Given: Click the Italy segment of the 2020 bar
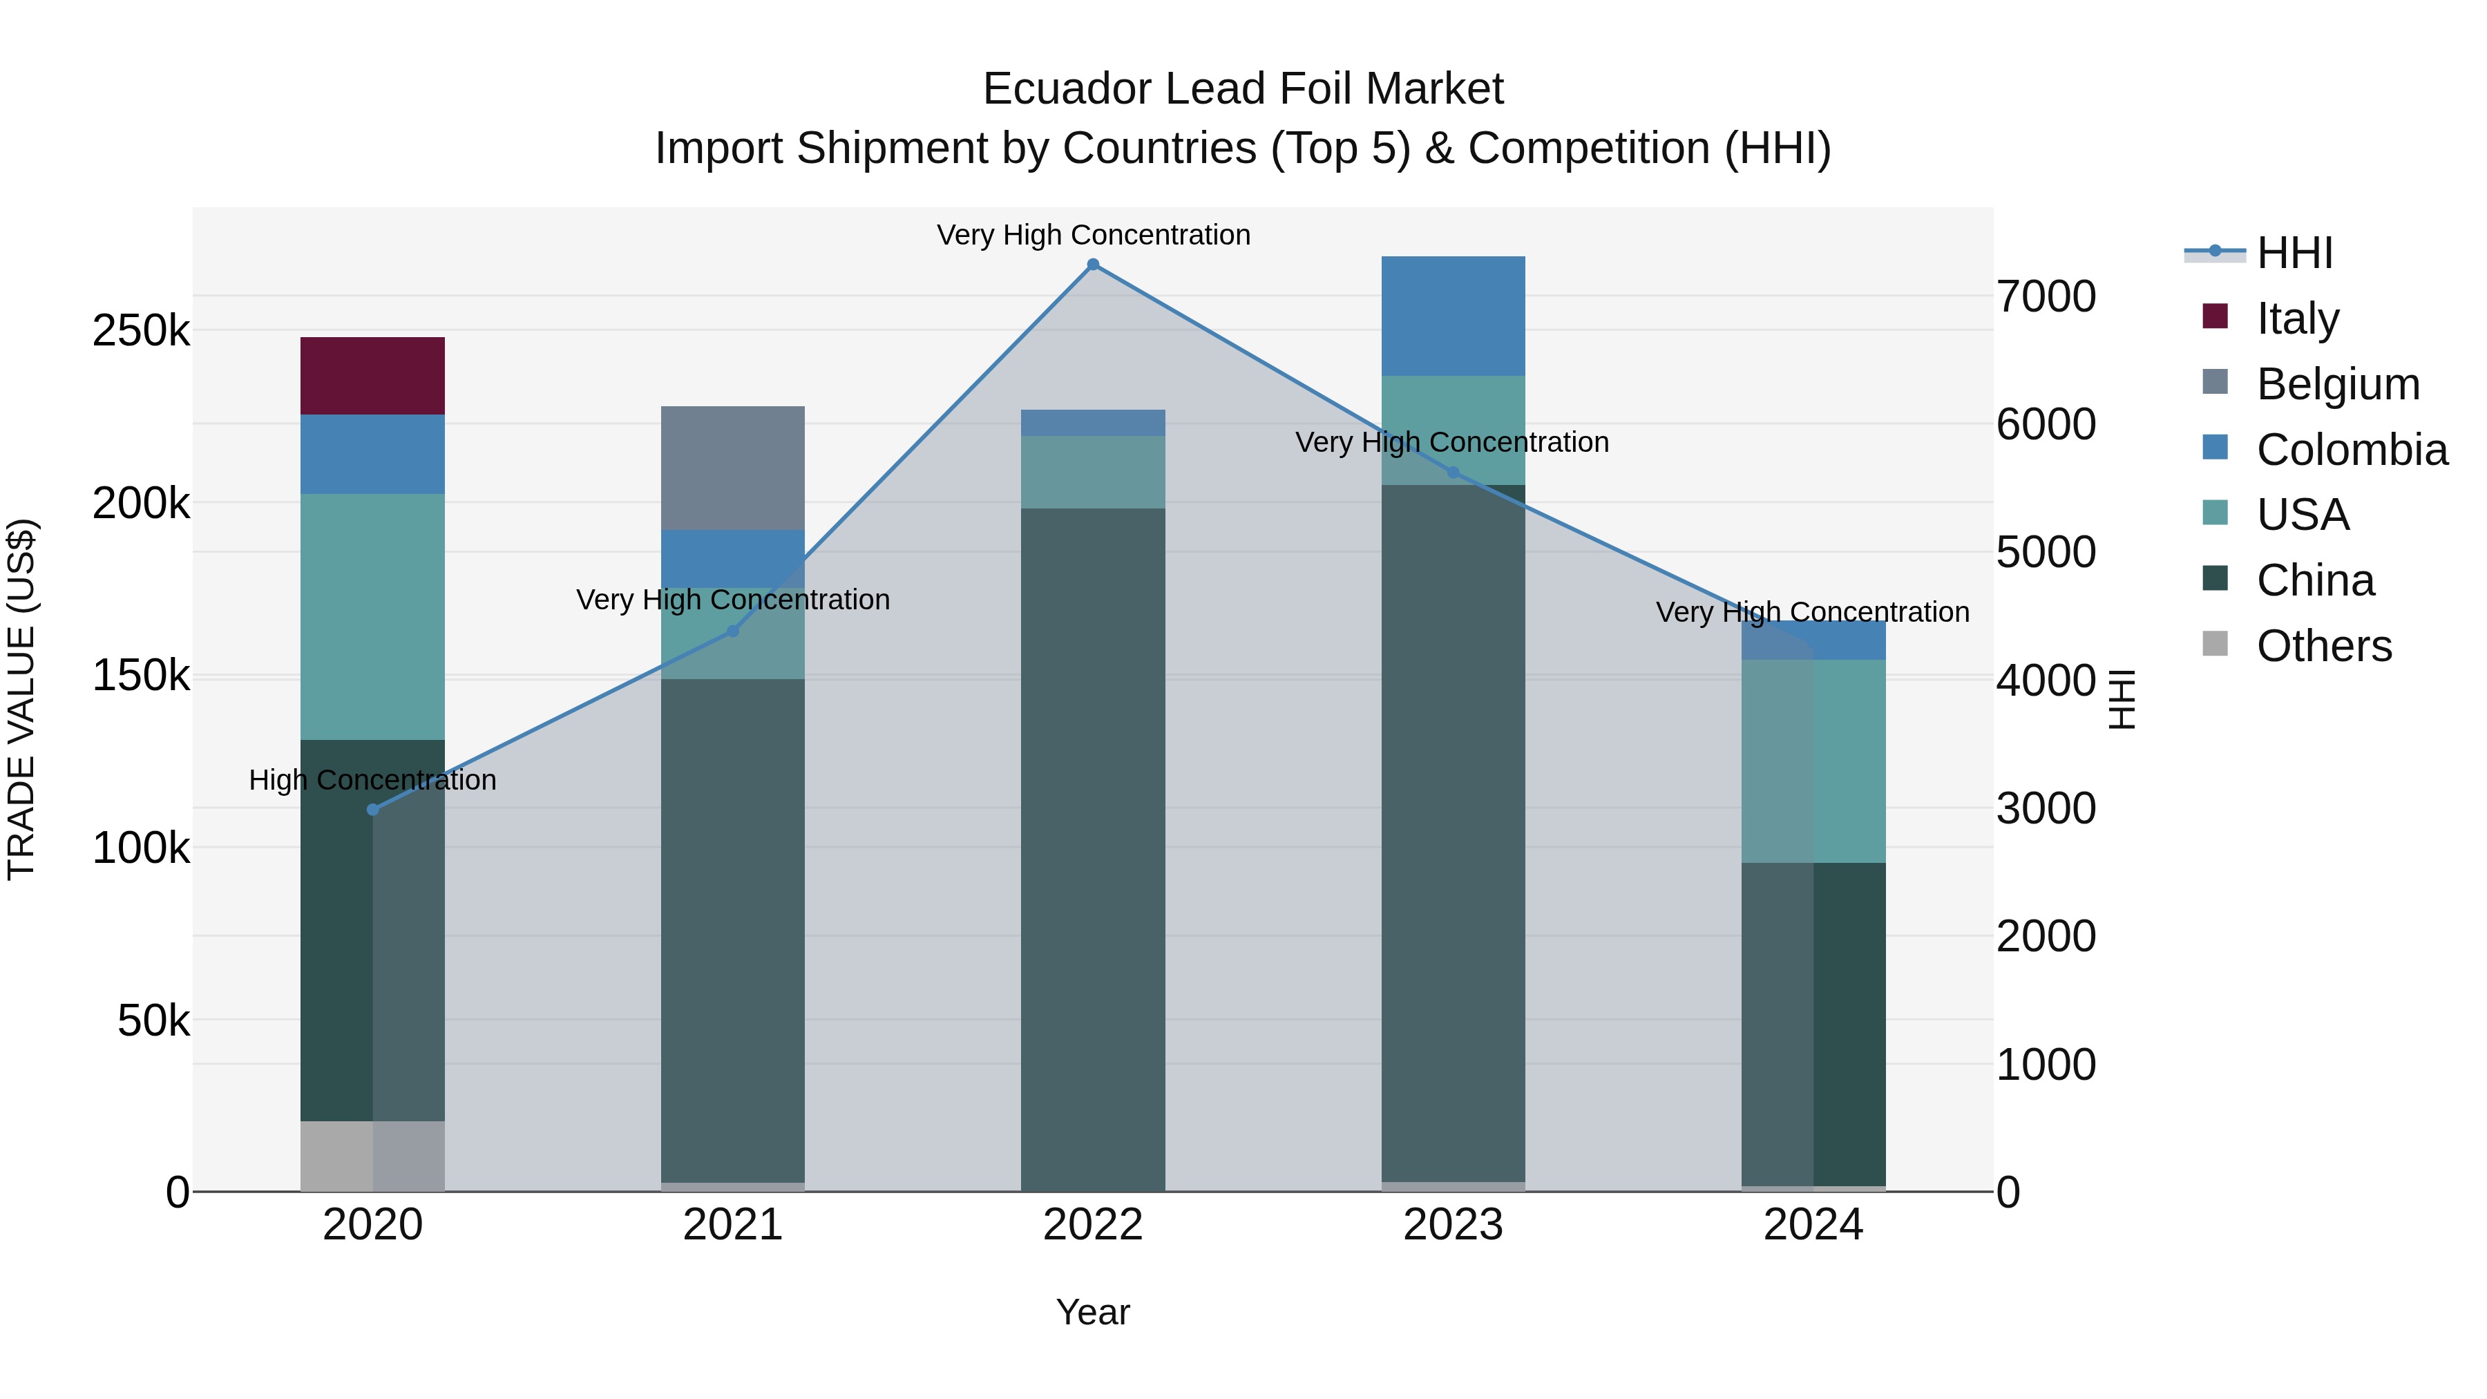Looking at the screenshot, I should [372, 376].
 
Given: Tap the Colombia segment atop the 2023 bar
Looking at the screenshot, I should [1453, 316].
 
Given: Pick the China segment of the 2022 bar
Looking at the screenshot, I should [1093, 850].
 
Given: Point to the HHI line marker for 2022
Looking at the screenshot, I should [1093, 265].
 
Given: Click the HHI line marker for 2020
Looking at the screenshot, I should [372, 809].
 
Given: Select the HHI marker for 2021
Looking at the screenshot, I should [733, 631].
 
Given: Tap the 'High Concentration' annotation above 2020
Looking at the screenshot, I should [372, 780].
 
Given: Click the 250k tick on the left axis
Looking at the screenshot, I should [141, 331].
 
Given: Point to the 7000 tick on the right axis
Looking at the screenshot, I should [2046, 296].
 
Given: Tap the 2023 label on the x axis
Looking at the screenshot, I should [1453, 1225].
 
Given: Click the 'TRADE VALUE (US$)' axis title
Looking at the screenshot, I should [21, 699].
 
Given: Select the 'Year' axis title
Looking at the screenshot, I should [1093, 1312].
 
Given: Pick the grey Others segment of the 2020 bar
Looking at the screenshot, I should [338, 1156].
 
